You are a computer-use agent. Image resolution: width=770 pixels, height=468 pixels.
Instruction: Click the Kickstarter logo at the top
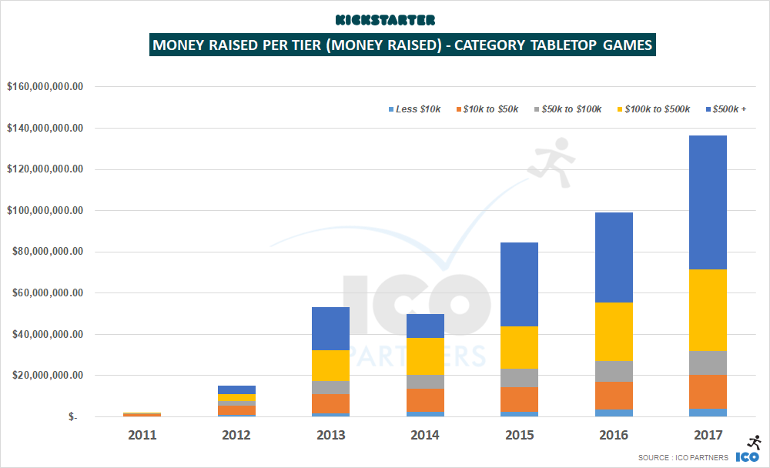click(385, 18)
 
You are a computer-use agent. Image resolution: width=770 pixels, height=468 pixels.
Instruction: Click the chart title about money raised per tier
click(403, 45)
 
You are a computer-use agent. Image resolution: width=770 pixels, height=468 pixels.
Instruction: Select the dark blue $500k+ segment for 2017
click(708, 202)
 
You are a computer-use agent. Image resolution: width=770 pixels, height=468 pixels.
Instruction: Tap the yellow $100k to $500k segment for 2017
click(708, 310)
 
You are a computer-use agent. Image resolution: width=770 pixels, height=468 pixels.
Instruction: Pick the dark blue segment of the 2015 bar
click(519, 284)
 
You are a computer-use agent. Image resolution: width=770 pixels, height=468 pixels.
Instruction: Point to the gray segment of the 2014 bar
click(425, 382)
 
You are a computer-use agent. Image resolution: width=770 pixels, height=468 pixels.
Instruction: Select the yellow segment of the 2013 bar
click(330, 366)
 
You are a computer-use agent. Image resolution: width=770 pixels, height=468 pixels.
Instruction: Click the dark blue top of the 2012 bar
click(236, 389)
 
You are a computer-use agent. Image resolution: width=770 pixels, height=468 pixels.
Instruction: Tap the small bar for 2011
click(142, 414)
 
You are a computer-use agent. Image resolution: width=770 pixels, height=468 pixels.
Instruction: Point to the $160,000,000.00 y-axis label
click(44, 87)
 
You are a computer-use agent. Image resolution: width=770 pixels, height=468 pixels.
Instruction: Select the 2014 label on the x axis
click(425, 435)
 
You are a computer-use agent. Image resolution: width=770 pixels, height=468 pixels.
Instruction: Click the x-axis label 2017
click(708, 435)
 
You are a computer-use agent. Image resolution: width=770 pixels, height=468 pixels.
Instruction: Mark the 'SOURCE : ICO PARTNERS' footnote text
click(683, 458)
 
